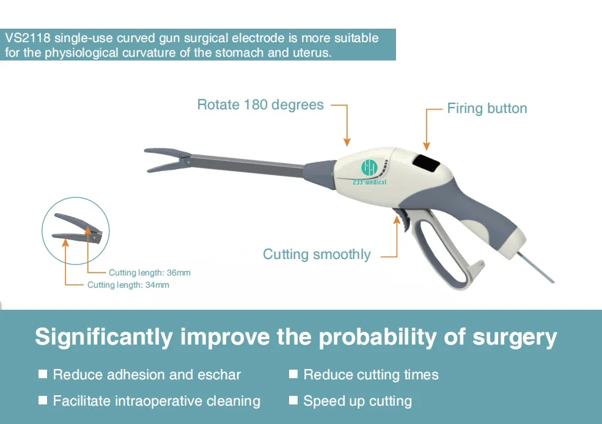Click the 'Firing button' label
(x=486, y=109)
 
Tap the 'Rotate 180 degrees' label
(x=260, y=104)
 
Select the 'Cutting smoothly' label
(x=317, y=254)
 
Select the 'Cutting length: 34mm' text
(x=128, y=285)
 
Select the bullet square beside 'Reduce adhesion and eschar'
(x=43, y=374)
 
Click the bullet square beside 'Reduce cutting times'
(x=293, y=374)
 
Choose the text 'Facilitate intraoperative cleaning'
(x=156, y=401)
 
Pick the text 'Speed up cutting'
(x=358, y=401)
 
